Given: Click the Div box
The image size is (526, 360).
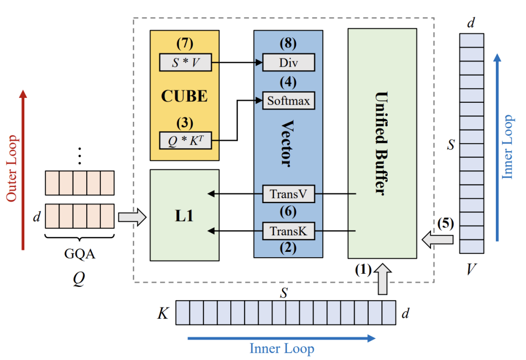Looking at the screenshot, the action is pyautogui.click(x=288, y=62).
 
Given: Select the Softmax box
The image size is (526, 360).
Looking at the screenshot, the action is pyautogui.click(x=288, y=101).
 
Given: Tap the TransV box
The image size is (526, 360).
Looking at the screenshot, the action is pyautogui.click(x=288, y=194).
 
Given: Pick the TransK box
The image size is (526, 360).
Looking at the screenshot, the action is pyautogui.click(x=288, y=231).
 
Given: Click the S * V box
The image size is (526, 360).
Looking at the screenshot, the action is pyautogui.click(x=186, y=62).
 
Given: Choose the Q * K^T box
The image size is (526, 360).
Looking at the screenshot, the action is pyautogui.click(x=186, y=140).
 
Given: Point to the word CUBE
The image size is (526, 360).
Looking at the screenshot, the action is pyautogui.click(x=185, y=96).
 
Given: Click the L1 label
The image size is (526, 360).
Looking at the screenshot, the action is pyautogui.click(x=185, y=216).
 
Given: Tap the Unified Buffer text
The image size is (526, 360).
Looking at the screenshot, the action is pyautogui.click(x=381, y=143).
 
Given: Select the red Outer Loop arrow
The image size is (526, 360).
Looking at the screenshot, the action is pyautogui.click(x=23, y=170).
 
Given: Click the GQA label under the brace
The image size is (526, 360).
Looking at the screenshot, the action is pyautogui.click(x=79, y=254).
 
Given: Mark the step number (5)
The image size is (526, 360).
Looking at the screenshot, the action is pyautogui.click(x=446, y=224).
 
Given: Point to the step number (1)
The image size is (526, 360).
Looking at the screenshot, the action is pyautogui.click(x=363, y=270).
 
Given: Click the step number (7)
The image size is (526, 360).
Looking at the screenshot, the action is pyautogui.click(x=185, y=43).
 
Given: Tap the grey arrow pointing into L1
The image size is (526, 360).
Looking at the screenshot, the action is pyautogui.click(x=132, y=217).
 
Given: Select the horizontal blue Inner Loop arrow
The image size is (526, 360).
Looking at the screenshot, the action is pyautogui.click(x=282, y=338).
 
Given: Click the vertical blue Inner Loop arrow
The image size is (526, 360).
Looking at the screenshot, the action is pyautogui.click(x=497, y=147).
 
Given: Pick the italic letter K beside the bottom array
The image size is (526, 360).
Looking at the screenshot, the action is pyautogui.click(x=163, y=313).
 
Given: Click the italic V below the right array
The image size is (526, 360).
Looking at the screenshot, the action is pyautogui.click(x=471, y=269).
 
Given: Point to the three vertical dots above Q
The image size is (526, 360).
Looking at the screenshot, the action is pyautogui.click(x=79, y=156).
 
